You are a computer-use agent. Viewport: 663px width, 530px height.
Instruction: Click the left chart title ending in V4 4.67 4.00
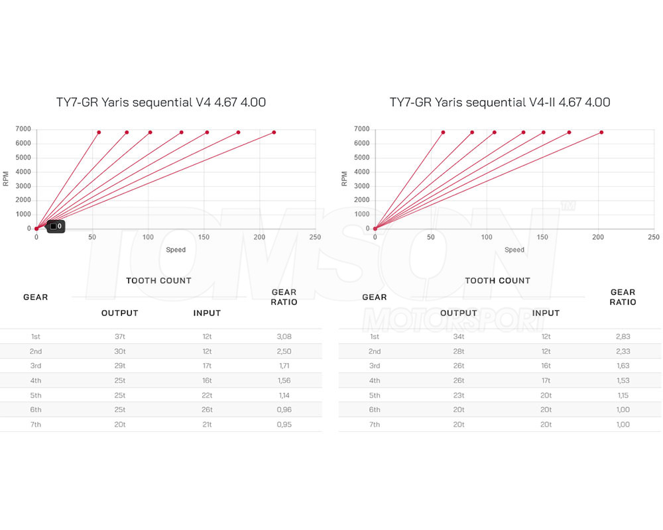(x=161, y=103)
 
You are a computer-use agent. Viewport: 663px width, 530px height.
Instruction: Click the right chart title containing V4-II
(x=500, y=103)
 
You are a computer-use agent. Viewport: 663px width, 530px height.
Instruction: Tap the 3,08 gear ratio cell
(x=284, y=337)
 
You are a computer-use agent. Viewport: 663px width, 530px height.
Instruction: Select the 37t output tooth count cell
(x=119, y=337)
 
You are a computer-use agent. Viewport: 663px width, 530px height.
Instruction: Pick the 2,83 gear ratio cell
(x=623, y=337)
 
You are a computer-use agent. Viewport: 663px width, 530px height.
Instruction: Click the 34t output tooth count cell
(x=458, y=337)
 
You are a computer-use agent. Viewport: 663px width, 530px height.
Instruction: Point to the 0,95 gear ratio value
(x=284, y=425)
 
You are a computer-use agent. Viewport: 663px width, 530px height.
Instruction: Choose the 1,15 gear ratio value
(x=623, y=396)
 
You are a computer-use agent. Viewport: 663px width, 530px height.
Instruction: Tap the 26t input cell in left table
(x=207, y=410)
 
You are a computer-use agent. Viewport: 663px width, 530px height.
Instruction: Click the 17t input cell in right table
(x=546, y=381)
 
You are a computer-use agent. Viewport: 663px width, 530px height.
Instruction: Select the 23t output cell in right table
(x=458, y=396)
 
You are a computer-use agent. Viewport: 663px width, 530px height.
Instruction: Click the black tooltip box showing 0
(x=56, y=227)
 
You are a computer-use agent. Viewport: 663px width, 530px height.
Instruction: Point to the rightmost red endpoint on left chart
(x=274, y=132)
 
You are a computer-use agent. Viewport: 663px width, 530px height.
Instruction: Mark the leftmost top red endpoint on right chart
(x=443, y=132)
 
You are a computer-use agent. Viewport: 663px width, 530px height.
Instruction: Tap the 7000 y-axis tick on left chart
(x=24, y=129)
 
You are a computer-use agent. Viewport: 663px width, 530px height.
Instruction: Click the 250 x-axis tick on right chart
(x=654, y=237)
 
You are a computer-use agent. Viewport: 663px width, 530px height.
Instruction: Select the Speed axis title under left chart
(x=176, y=250)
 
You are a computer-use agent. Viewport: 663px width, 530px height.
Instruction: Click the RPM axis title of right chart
(x=344, y=178)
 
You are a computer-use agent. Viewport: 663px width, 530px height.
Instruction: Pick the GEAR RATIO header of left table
(x=284, y=297)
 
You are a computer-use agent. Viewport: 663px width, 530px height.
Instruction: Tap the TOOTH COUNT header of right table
(x=498, y=281)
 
